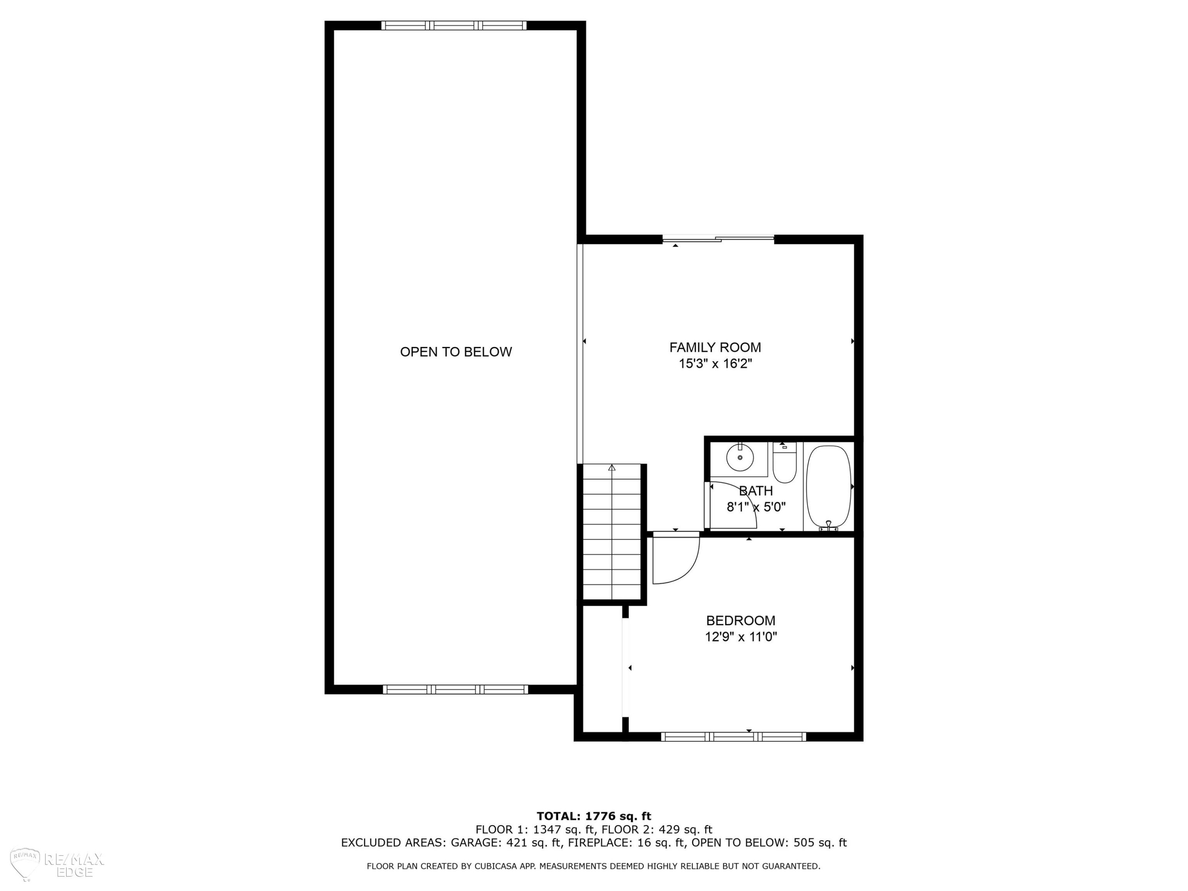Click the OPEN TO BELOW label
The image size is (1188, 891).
click(456, 352)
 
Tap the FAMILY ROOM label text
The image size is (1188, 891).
click(715, 347)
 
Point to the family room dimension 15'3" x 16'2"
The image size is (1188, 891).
click(715, 364)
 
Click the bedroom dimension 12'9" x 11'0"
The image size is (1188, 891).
click(741, 637)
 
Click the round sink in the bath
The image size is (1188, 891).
click(740, 457)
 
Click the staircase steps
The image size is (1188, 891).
click(612, 532)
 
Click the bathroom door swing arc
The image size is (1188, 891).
click(746, 499)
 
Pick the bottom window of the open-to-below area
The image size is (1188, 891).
click(455, 689)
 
